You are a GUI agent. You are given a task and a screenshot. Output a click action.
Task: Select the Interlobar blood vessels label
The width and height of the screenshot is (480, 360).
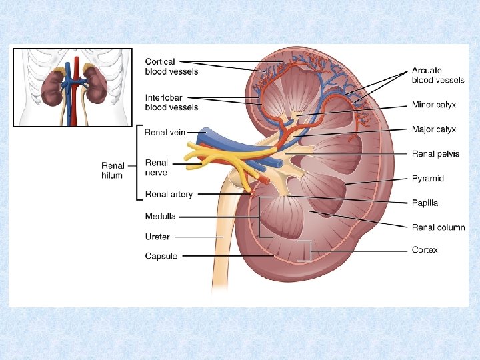(x=171, y=102)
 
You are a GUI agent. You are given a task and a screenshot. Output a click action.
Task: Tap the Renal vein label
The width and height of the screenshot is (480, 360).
(x=165, y=133)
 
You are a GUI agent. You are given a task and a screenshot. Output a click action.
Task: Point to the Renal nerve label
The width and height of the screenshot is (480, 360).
(x=157, y=167)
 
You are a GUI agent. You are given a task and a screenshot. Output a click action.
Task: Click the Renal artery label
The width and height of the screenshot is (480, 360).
(x=169, y=195)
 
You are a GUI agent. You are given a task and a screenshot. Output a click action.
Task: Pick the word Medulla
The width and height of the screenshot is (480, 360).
(x=160, y=216)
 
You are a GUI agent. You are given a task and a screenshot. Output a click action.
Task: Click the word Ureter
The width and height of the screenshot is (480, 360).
(x=157, y=237)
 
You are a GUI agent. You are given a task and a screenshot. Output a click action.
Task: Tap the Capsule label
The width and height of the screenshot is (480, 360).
(x=161, y=256)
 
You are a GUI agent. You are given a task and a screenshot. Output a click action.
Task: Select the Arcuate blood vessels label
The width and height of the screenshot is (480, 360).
(x=437, y=75)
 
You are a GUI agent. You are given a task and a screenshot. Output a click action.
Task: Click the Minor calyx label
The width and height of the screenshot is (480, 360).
(x=433, y=105)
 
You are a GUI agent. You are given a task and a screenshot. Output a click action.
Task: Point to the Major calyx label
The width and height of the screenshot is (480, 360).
(x=433, y=129)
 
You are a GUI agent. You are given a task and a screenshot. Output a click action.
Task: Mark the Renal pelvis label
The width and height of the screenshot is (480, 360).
(x=435, y=154)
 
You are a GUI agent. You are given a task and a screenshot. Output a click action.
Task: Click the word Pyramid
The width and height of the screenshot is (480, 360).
(x=427, y=179)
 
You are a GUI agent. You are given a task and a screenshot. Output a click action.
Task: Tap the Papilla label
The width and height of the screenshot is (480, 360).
(x=425, y=203)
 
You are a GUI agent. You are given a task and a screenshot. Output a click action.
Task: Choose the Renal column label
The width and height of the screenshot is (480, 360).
(x=438, y=227)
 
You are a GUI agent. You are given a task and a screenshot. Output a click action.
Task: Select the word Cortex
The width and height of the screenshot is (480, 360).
(x=425, y=250)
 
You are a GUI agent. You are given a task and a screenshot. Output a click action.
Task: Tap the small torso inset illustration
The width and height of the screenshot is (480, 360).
(x=73, y=87)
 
